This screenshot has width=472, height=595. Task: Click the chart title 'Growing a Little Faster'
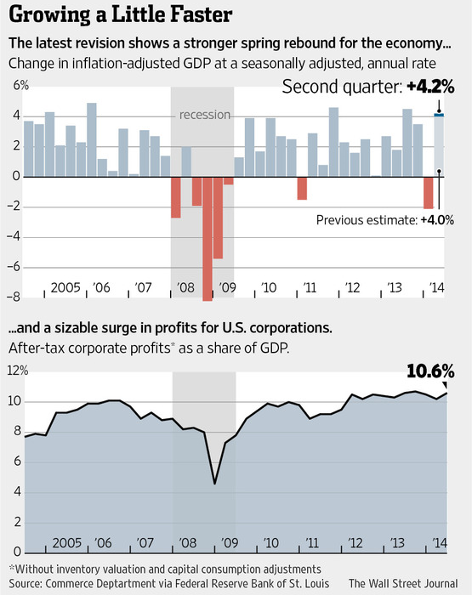121,15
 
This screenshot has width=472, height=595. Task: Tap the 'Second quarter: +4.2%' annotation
368,87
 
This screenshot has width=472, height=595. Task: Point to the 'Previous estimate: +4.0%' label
385,219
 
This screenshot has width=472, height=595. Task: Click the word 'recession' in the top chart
205,115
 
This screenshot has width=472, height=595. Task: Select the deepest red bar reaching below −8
208,239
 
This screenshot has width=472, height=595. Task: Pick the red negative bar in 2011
302,188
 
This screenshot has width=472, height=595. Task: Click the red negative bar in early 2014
429,193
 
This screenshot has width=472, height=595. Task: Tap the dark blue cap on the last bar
439,115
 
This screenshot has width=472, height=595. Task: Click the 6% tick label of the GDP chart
21,85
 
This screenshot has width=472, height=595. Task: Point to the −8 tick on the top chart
14,297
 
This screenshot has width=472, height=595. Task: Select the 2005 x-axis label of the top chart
65,287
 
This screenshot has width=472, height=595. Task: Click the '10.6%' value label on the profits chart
430,371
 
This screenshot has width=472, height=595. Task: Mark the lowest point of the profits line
214,484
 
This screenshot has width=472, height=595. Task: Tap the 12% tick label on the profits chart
18,371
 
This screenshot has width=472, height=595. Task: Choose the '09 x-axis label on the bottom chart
229,543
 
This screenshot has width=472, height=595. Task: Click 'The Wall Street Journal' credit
403,583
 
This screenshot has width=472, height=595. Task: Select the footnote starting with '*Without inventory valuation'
165,569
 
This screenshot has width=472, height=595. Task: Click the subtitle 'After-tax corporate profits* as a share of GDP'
149,348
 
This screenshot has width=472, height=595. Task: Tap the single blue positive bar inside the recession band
186,161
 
